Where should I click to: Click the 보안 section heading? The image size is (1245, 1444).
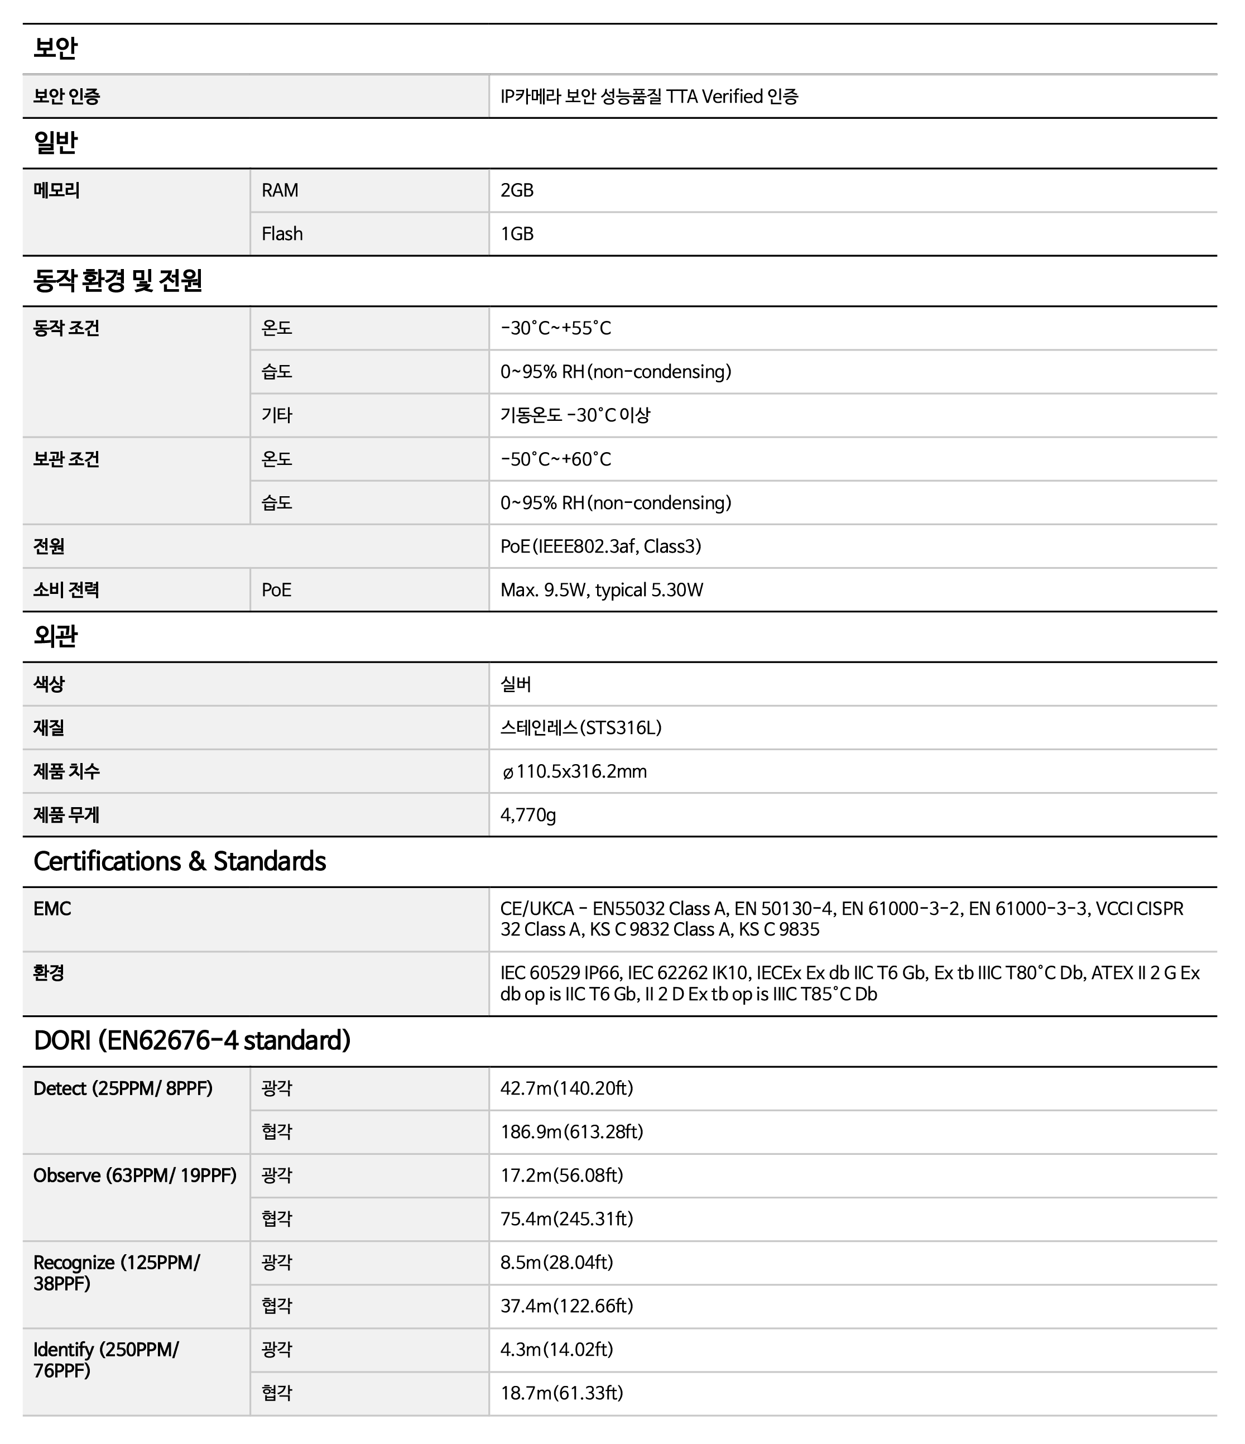pos(55,49)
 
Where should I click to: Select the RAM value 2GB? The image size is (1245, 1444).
pos(517,190)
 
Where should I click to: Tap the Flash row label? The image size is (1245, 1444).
pos(282,233)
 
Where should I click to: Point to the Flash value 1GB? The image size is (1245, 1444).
pos(517,233)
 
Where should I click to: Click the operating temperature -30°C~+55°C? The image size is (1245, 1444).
pos(555,328)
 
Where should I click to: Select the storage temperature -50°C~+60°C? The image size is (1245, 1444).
pos(555,459)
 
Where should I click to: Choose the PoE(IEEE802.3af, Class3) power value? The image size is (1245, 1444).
pos(600,546)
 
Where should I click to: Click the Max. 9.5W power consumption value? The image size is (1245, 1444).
pos(601,591)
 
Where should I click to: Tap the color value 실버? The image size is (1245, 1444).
pos(516,684)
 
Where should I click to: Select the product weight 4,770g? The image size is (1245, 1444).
pos(528,815)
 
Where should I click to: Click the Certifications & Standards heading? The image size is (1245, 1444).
pos(180,861)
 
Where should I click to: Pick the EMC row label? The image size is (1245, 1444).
pos(52,909)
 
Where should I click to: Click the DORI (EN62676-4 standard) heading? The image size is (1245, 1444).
pos(191,1040)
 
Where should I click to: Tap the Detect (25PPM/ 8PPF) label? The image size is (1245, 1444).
pos(123,1088)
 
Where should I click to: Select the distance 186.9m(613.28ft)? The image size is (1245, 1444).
pos(571,1132)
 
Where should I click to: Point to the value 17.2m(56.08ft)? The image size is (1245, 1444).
pos(561,1176)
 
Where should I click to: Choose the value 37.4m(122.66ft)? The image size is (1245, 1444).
pos(566,1306)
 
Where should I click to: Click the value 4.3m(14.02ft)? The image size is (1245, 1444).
pos(557,1350)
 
